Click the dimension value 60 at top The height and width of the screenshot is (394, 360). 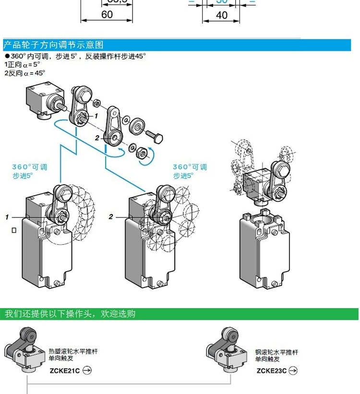pyautogui.click(x=107, y=15)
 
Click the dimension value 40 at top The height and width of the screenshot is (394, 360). pyautogui.click(x=221, y=15)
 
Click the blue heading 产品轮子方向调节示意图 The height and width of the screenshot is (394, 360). pyautogui.click(x=53, y=45)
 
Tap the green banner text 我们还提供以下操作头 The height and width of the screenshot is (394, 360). pyautogui.click(x=70, y=314)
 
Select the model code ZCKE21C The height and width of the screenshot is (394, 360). pyautogui.click(x=64, y=370)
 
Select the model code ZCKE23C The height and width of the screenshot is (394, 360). pyautogui.click(x=271, y=370)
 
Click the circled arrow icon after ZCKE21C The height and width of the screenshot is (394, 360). pyautogui.click(x=87, y=370)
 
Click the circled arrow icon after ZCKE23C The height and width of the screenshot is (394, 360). pyautogui.click(x=293, y=370)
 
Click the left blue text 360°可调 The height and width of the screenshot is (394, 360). pyautogui.click(x=30, y=167)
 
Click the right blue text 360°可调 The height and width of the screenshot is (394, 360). pyautogui.click(x=190, y=167)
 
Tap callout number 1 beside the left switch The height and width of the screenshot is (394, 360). pyautogui.click(x=7, y=217)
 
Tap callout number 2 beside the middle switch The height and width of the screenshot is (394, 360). pyautogui.click(x=111, y=217)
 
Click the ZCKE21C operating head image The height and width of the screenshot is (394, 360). pyautogui.click(x=24, y=350)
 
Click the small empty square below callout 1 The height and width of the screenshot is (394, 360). pyautogui.click(x=14, y=231)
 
